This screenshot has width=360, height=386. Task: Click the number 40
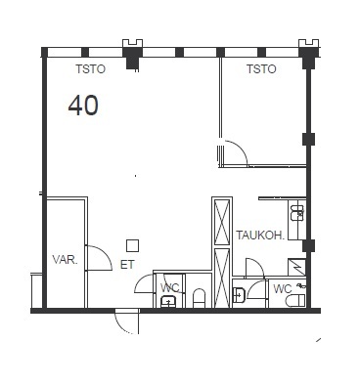point(83,106)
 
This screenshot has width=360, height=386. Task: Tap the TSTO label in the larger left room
point(91,69)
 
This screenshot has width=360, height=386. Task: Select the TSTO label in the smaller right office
point(261,69)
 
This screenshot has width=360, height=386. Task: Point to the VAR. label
point(66,260)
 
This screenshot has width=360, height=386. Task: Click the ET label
point(127,265)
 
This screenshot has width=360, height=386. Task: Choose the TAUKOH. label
point(260,236)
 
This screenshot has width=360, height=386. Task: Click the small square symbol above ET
point(132,245)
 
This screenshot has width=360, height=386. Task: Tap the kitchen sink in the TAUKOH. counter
point(297,213)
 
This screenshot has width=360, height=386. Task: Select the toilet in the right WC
point(295,301)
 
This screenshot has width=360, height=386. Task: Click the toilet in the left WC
point(199,298)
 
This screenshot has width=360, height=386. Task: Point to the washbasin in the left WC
point(169,301)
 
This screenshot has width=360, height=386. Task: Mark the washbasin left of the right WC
point(239,294)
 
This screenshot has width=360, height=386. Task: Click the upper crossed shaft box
point(222,223)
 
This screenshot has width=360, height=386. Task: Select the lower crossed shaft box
point(222,278)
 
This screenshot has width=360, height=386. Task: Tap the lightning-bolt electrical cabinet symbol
point(296,267)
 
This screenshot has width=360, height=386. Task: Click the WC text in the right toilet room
point(283,288)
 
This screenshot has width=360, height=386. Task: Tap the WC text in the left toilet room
point(170,288)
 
